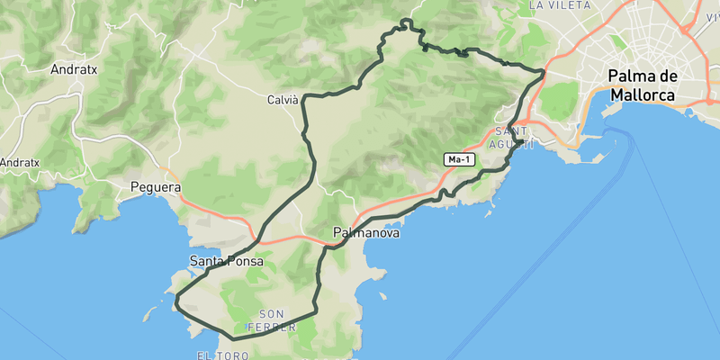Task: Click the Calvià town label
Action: click(x=283, y=100)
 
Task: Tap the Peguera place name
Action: click(x=156, y=188)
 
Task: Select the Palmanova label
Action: click(x=365, y=232)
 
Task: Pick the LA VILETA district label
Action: click(x=559, y=5)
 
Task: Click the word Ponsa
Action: click(x=246, y=261)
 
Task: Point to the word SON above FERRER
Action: click(x=272, y=314)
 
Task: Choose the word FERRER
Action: click(x=272, y=327)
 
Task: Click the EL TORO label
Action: click(x=221, y=356)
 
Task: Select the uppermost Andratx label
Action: click(x=74, y=68)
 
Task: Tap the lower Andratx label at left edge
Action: click(x=20, y=163)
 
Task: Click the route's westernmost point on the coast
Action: click(x=175, y=298)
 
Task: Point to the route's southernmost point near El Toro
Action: click(x=232, y=339)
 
